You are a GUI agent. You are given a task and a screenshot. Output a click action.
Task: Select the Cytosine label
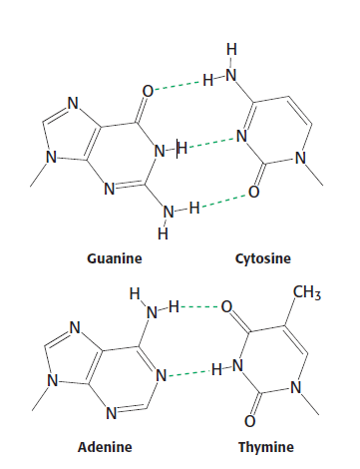(x=261, y=259)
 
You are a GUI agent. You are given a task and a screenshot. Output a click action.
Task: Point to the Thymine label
(x=266, y=446)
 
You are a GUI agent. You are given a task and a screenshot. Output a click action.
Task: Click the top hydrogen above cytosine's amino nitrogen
(x=232, y=47)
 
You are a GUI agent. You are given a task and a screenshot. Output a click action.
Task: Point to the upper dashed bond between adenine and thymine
(x=199, y=307)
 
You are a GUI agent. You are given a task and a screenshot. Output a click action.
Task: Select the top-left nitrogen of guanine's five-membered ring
(x=71, y=101)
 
